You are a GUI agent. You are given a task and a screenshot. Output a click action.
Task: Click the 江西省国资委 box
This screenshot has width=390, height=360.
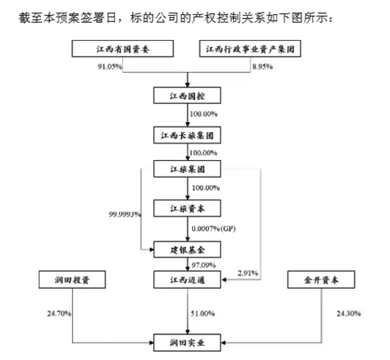click(122, 49)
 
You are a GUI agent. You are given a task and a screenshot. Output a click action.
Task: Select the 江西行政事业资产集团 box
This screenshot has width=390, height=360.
click(250, 49)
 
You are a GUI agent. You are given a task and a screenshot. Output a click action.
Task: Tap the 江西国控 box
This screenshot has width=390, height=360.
click(187, 95)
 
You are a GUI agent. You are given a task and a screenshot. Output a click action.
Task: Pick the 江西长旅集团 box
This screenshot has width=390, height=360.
click(187, 135)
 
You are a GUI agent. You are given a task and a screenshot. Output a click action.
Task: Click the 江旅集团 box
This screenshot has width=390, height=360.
click(187, 169)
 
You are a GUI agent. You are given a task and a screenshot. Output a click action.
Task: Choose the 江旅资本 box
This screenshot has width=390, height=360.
click(187, 208)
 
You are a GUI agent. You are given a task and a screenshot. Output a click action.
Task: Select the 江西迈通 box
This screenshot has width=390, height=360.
click(187, 280)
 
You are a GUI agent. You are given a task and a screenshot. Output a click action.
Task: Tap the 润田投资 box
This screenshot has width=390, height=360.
click(72, 280)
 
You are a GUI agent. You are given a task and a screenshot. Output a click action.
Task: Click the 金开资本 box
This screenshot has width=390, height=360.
click(321, 280)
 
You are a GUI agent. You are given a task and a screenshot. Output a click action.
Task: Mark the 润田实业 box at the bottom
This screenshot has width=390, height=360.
click(187, 343)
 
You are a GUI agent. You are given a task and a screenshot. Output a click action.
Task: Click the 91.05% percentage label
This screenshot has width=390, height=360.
click(110, 67)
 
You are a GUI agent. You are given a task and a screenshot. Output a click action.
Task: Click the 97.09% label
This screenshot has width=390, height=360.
click(204, 265)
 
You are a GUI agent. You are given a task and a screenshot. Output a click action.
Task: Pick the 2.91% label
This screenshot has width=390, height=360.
click(248, 273)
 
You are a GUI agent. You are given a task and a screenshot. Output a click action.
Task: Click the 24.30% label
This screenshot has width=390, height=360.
click(348, 314)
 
